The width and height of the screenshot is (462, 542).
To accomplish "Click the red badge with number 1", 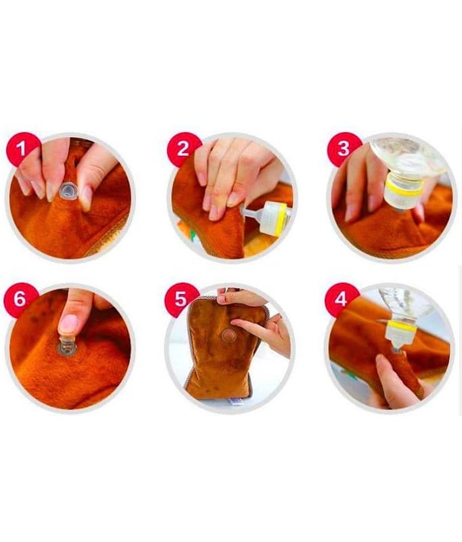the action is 22,148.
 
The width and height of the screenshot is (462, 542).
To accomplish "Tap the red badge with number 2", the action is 183,148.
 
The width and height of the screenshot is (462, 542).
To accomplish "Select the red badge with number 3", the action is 344,148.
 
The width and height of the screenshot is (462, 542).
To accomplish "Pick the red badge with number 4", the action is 341,299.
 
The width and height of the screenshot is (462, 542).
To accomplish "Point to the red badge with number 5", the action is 181,299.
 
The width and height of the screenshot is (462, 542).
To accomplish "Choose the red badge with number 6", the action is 20,299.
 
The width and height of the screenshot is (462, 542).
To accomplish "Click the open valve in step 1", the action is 68,191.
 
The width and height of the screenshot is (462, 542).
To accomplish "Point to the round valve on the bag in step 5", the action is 228,335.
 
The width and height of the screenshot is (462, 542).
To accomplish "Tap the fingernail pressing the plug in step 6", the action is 69,323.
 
